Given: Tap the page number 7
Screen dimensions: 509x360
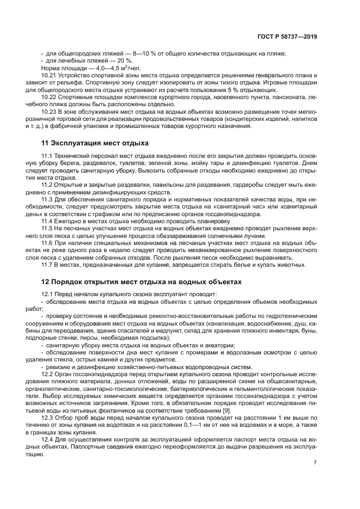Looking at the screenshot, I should point(315,462).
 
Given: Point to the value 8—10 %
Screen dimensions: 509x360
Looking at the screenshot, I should point(133,53).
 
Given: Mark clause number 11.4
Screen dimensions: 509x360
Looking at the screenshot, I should point(48,222).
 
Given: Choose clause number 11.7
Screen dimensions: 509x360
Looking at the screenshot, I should point(48,265).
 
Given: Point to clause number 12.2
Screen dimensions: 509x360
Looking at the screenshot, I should point(48,375).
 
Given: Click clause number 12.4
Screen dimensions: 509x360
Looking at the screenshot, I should point(48,439).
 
